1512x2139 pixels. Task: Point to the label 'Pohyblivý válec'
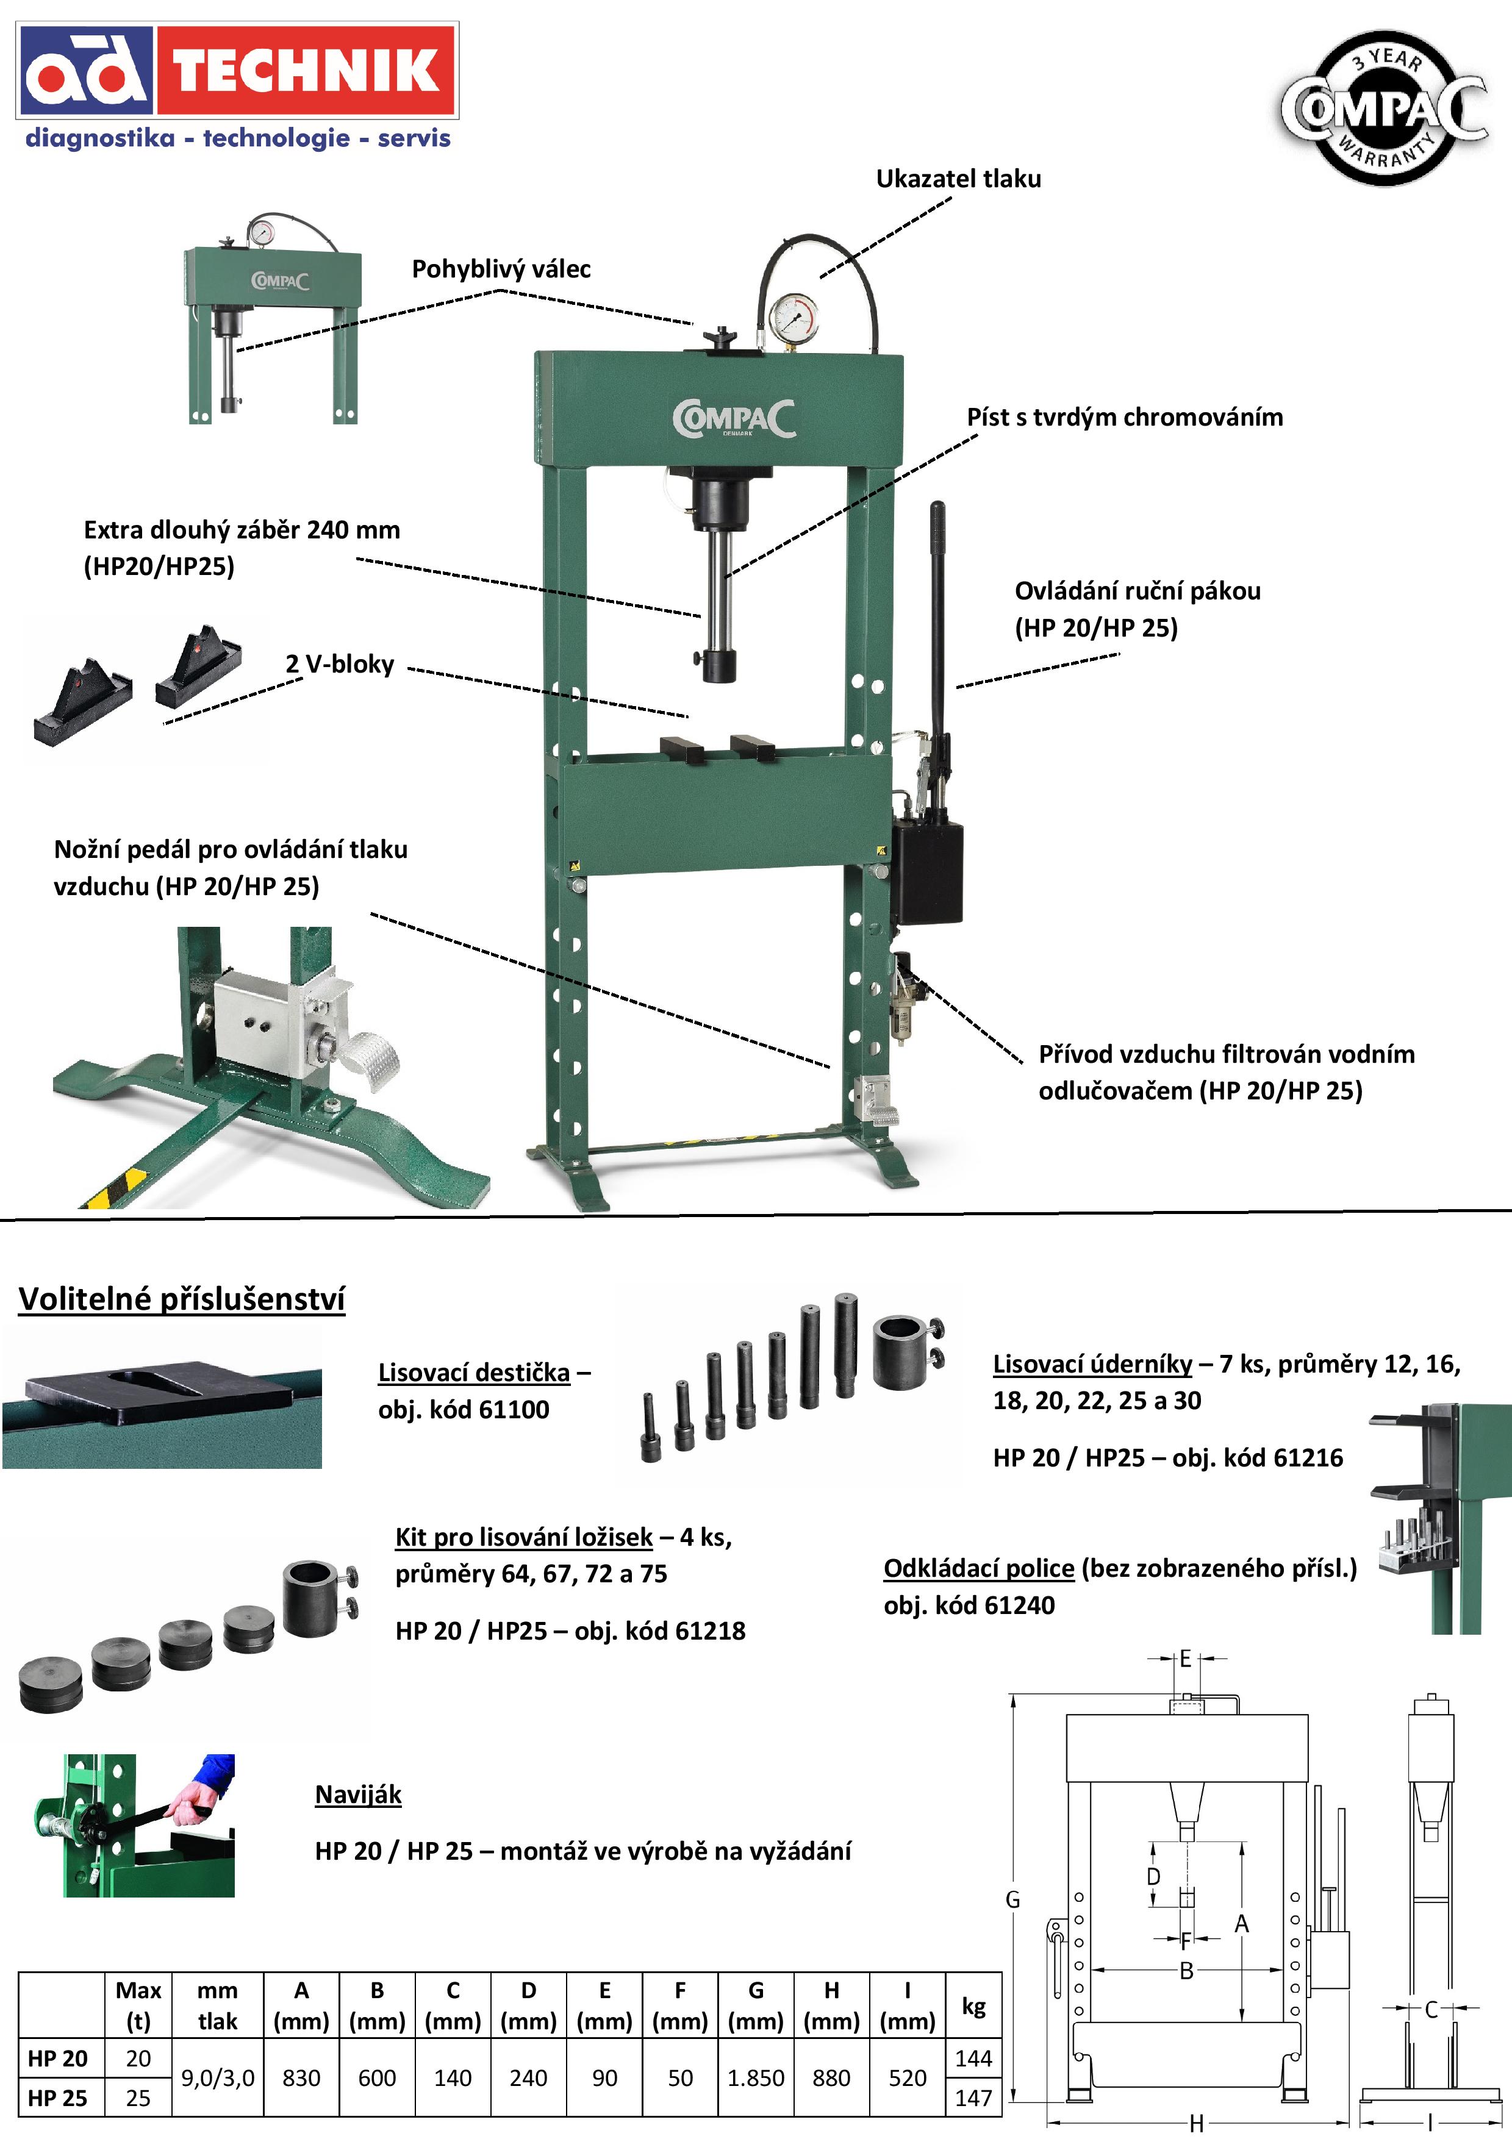tap(501, 270)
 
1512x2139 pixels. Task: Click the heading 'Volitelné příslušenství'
tap(182, 1299)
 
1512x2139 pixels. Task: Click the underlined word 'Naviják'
tap(358, 1794)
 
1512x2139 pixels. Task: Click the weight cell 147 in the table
tap(973, 2098)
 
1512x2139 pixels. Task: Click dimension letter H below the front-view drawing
tap(1196, 2123)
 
